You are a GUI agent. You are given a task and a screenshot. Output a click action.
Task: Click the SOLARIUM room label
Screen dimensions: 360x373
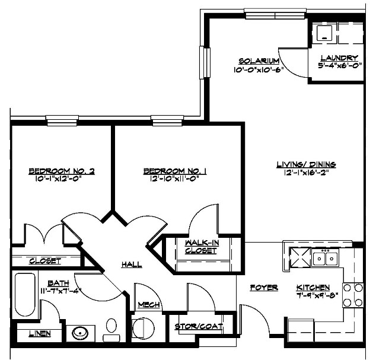point(259,61)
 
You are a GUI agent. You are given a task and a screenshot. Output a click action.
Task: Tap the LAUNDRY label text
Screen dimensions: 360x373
point(339,58)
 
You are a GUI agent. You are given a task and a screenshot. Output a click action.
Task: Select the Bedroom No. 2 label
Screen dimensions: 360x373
point(62,172)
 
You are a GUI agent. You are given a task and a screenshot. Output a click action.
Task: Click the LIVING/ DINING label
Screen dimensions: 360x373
point(307,165)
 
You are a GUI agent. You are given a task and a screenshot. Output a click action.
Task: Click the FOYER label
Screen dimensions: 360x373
point(264,288)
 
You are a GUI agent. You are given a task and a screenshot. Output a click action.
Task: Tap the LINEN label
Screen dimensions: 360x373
point(40,333)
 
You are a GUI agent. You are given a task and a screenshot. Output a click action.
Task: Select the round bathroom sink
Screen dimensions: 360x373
point(80,333)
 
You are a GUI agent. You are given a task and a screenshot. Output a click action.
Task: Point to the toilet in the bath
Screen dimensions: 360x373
point(110,329)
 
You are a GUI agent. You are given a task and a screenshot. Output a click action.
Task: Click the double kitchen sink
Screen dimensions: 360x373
point(326,258)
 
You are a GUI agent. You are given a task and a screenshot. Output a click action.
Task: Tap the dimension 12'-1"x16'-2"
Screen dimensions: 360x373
point(307,173)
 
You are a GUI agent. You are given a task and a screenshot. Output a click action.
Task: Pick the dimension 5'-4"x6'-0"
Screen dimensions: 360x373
point(339,66)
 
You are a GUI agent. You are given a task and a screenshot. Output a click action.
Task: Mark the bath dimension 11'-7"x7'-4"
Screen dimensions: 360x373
point(61,291)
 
